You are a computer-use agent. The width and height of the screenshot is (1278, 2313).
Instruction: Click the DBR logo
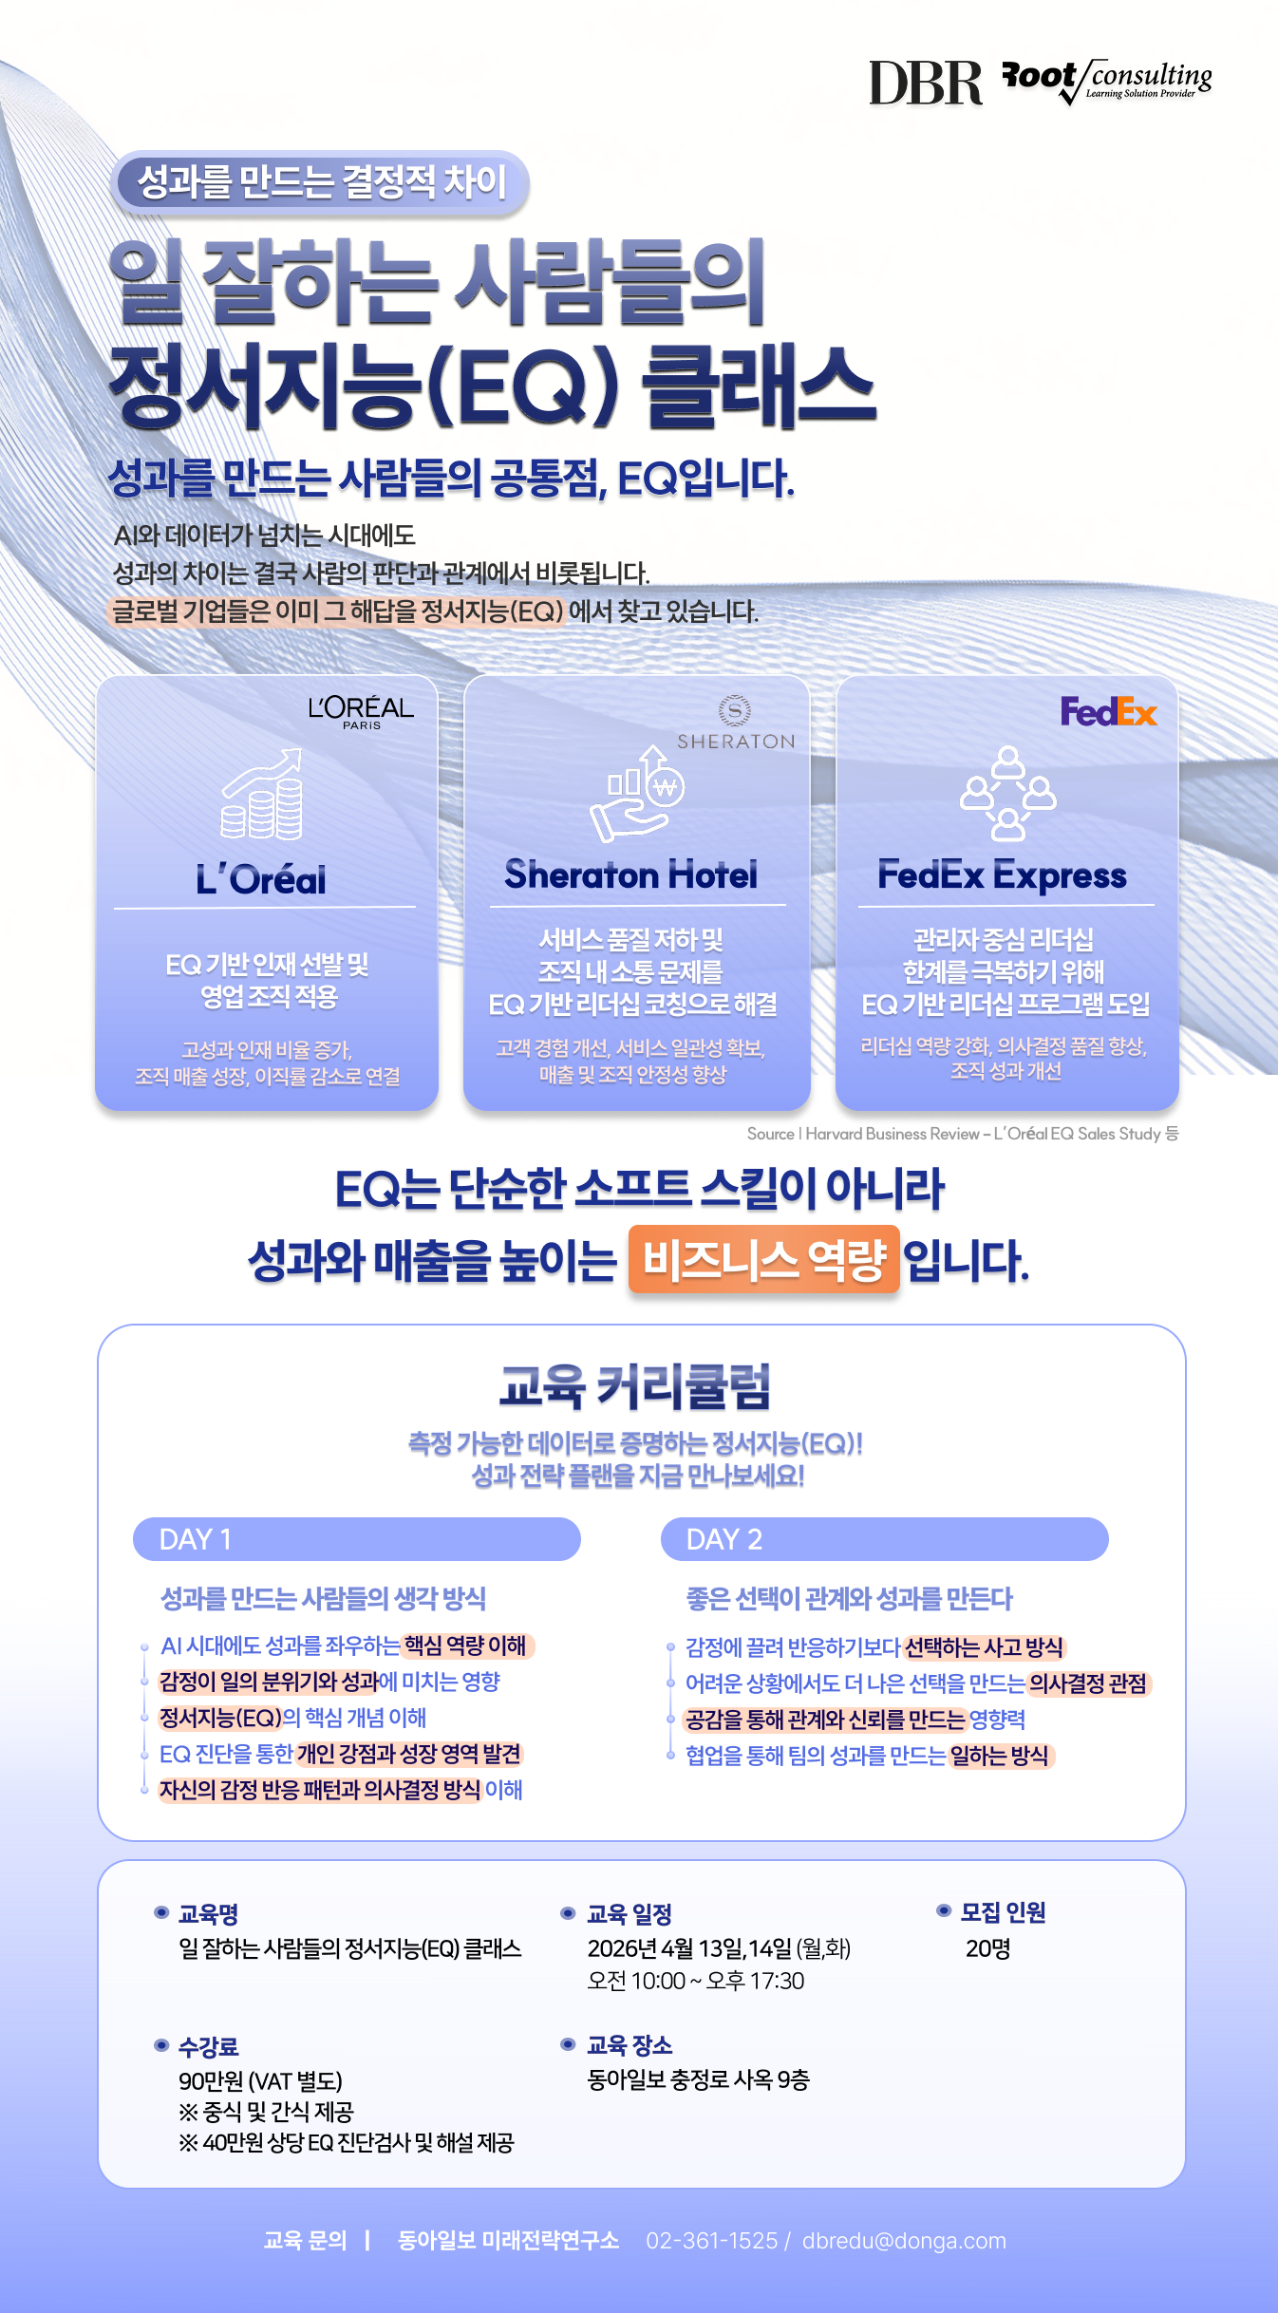(925, 83)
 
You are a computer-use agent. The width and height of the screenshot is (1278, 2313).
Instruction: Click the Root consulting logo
(1107, 81)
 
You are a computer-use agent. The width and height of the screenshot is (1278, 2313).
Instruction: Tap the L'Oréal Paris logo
(361, 711)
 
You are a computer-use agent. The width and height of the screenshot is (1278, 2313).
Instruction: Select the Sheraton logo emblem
(735, 710)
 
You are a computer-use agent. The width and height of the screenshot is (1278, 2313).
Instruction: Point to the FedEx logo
(1108, 711)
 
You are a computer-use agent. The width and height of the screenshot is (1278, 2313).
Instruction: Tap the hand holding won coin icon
(637, 796)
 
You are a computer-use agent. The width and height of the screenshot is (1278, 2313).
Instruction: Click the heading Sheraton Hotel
(631, 874)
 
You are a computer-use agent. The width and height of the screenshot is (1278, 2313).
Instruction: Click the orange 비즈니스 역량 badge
(763, 1260)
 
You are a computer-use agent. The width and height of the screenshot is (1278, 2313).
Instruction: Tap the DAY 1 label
(196, 1539)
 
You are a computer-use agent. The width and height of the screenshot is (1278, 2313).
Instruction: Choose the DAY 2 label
(724, 1539)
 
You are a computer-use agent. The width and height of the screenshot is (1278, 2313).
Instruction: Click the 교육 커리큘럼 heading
(635, 1386)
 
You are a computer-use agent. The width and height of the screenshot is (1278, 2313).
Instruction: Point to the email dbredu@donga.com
(904, 2241)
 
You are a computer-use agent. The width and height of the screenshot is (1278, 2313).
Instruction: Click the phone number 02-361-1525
(711, 2241)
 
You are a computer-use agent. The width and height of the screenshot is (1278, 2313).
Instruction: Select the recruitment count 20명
(987, 1949)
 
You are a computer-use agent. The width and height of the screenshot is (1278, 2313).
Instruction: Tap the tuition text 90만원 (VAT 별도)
(260, 2081)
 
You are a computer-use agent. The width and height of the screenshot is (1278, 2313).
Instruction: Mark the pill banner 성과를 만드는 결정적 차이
(321, 181)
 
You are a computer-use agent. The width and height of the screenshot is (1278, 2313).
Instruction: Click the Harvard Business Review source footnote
(962, 1134)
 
